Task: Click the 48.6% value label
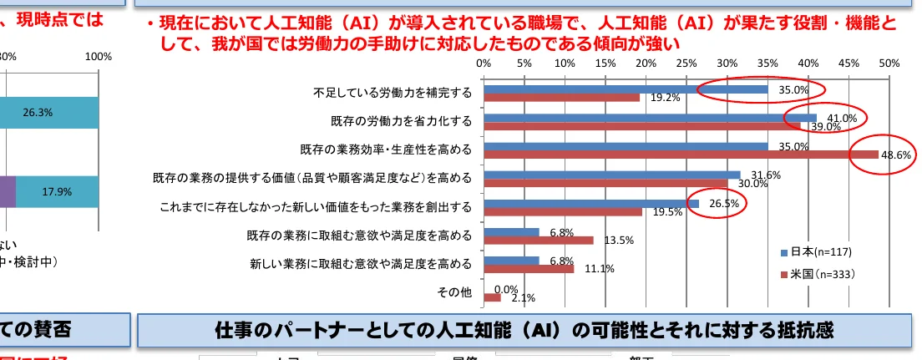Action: [894, 155]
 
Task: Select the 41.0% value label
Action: [842, 118]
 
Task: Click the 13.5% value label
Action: [619, 241]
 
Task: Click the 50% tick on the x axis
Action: [889, 62]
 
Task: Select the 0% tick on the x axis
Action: [484, 62]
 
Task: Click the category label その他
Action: [454, 292]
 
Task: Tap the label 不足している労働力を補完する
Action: [393, 92]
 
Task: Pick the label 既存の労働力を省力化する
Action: [401, 121]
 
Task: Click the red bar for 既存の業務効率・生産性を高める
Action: [681, 155]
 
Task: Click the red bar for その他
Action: [492, 297]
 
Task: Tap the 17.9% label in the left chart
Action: [57, 191]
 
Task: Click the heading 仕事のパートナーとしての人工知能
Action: [524, 329]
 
